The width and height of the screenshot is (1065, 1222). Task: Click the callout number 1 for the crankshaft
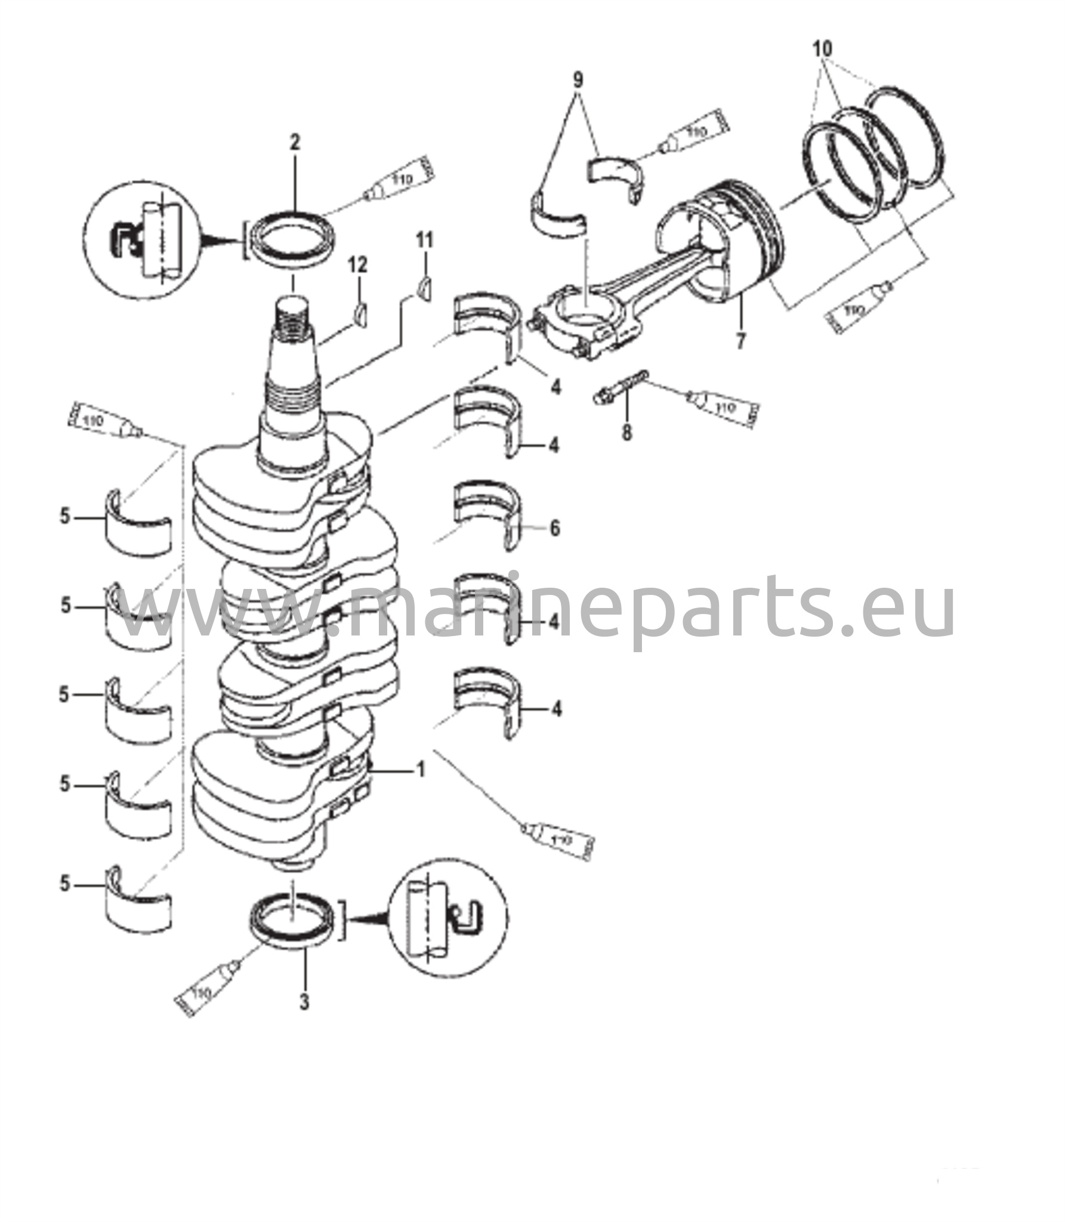[x=421, y=770]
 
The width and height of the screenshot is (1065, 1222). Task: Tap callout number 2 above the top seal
[x=295, y=143]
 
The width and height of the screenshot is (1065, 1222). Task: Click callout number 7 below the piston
[x=740, y=342]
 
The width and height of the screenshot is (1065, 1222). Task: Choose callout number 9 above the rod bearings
[x=577, y=80]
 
